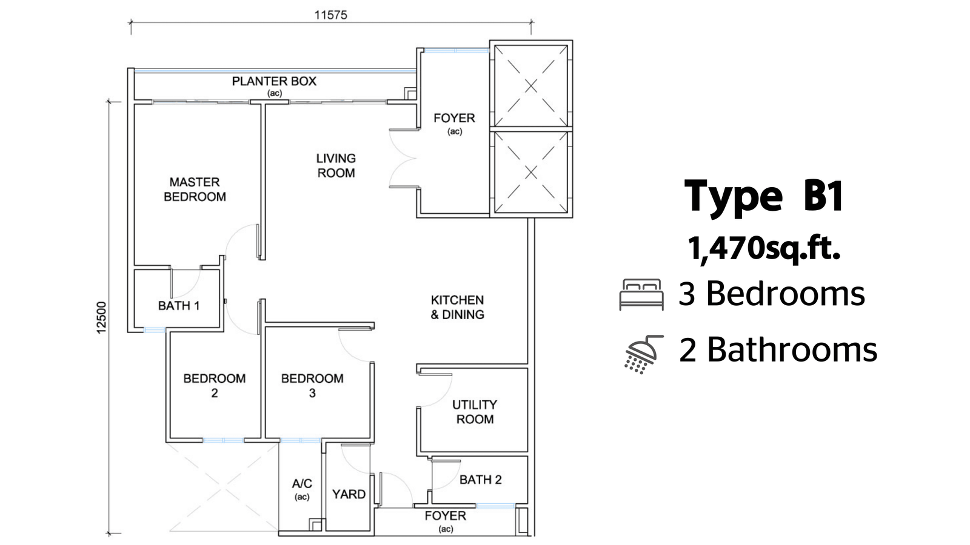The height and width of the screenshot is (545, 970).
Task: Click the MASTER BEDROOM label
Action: tap(195, 190)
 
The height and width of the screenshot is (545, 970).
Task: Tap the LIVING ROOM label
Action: tap(336, 166)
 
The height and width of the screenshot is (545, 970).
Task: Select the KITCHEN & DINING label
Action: tap(457, 307)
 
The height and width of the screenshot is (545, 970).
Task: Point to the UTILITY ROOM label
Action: tap(475, 412)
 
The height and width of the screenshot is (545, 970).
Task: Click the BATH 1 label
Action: tap(179, 306)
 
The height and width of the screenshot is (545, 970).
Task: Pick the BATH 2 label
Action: tap(481, 480)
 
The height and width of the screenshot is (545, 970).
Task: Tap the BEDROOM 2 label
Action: tap(215, 385)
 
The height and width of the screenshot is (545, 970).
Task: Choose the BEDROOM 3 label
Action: tap(312, 385)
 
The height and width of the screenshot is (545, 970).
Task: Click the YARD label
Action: tap(349, 494)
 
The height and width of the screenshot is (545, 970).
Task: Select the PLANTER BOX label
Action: tap(274, 81)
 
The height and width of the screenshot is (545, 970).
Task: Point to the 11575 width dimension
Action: tap(331, 15)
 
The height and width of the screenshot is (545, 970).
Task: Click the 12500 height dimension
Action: tap(101, 317)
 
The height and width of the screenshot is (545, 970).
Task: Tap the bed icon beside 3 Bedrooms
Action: tap(641, 294)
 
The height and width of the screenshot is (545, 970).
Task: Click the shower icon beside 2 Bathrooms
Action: tap(643, 354)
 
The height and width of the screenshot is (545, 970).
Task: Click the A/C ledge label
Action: tap(302, 484)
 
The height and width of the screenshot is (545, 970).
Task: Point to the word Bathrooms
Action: tap(792, 350)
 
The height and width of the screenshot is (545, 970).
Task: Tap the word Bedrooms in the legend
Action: tap(786, 294)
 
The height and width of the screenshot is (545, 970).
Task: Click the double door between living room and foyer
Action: tap(404, 158)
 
